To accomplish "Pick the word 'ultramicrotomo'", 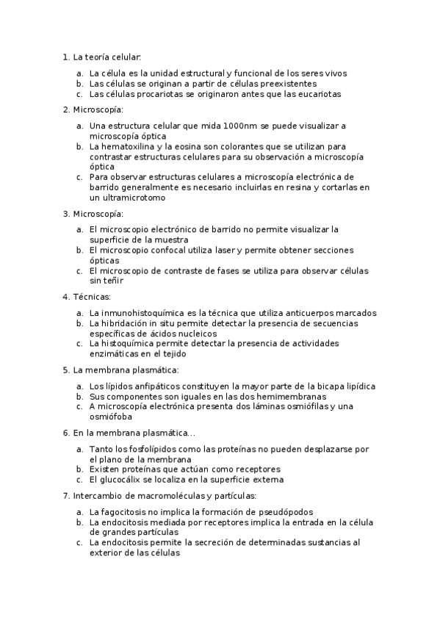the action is coord(128,198).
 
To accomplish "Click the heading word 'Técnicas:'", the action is coord(92,297).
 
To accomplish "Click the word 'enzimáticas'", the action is coord(114,354).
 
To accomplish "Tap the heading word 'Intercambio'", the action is coord(98,495).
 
